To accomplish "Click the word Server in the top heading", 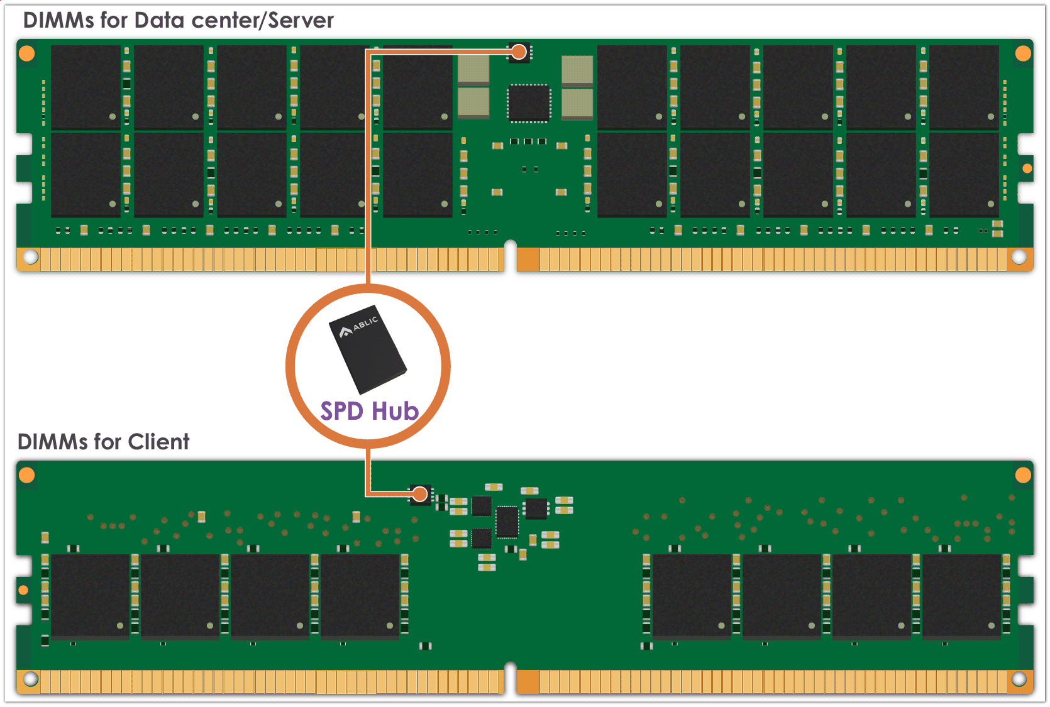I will pyautogui.click(x=301, y=21).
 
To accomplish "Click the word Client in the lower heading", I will pyautogui.click(x=158, y=442).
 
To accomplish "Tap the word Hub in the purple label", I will pyautogui.click(x=395, y=411).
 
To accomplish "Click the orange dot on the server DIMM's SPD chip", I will pyautogui.click(x=519, y=52).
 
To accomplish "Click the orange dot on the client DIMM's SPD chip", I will pyautogui.click(x=420, y=494).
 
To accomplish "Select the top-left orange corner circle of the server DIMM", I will pyautogui.click(x=27, y=53).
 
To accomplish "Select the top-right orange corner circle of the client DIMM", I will pyautogui.click(x=1023, y=475).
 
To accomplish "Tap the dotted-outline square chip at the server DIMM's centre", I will pyautogui.click(x=529, y=102).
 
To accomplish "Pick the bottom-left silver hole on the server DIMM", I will pyautogui.click(x=30, y=257).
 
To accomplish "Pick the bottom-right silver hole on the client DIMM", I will pyautogui.click(x=1019, y=679).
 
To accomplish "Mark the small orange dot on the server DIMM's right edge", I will pyautogui.click(x=1027, y=168).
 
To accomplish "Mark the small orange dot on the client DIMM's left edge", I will pyautogui.click(x=23, y=589).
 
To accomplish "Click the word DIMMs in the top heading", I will pyautogui.click(x=58, y=21).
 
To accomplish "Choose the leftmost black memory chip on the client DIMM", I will pyautogui.click(x=90, y=595).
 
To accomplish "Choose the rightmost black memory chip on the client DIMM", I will pyautogui.click(x=961, y=595).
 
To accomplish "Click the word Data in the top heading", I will pyautogui.click(x=159, y=21).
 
